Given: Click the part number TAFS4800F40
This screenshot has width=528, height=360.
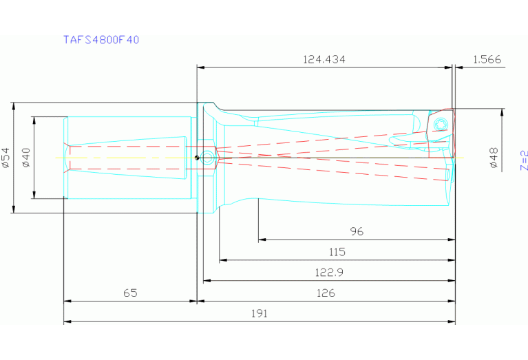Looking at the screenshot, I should click(x=101, y=40).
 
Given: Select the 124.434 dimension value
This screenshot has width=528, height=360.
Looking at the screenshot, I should click(x=324, y=60).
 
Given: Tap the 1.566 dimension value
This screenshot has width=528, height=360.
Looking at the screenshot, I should click(x=487, y=60).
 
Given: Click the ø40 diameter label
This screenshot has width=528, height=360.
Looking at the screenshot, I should click(x=25, y=158).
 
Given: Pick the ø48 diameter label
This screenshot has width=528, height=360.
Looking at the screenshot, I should click(x=493, y=158).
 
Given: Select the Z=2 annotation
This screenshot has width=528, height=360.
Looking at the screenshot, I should click(x=523, y=160).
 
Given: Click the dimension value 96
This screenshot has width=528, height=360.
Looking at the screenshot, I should click(x=356, y=232).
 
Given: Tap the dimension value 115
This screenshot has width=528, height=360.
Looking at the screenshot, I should click(x=337, y=253).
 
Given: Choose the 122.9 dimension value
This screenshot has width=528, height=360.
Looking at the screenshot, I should click(x=328, y=273).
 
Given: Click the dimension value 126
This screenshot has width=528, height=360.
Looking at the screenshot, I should click(x=326, y=293).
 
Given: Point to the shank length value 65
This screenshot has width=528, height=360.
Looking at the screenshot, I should click(x=130, y=293).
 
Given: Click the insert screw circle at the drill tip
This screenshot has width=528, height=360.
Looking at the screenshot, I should click(x=440, y=125).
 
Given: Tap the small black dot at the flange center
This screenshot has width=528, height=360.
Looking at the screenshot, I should click(x=198, y=158).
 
